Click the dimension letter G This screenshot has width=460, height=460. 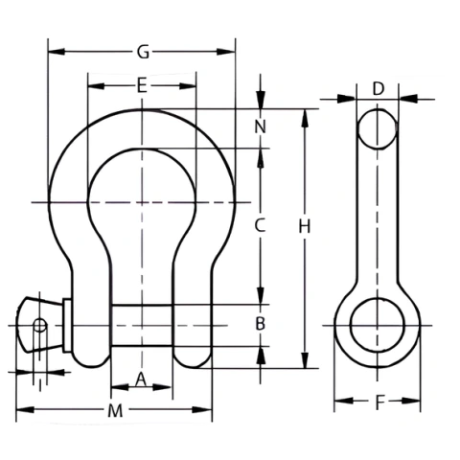click(143, 52)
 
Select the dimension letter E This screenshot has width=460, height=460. click(142, 85)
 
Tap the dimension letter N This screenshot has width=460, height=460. click(260, 126)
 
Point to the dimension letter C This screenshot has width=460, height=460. click(260, 225)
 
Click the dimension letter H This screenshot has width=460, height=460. click(305, 227)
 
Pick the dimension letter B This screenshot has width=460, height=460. click(261, 324)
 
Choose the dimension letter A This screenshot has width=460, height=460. click(141, 379)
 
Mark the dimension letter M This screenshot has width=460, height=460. click(115, 411)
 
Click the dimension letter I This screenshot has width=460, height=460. click(40, 385)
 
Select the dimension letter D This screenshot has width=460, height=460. click(379, 89)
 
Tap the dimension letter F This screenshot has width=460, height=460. click(379, 403)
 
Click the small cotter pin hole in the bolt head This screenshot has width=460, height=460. click(40, 326)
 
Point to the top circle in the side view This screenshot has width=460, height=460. click(378, 129)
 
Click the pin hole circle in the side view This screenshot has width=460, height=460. click(378, 325)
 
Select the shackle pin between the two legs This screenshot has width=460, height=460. click(143, 326)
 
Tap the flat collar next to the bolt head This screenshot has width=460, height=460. click(67, 326)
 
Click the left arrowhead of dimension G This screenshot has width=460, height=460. click(57, 52)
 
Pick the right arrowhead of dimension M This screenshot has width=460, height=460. click(202, 410)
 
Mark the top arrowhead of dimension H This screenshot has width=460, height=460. click(306, 119)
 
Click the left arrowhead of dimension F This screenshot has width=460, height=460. click(344, 401)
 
